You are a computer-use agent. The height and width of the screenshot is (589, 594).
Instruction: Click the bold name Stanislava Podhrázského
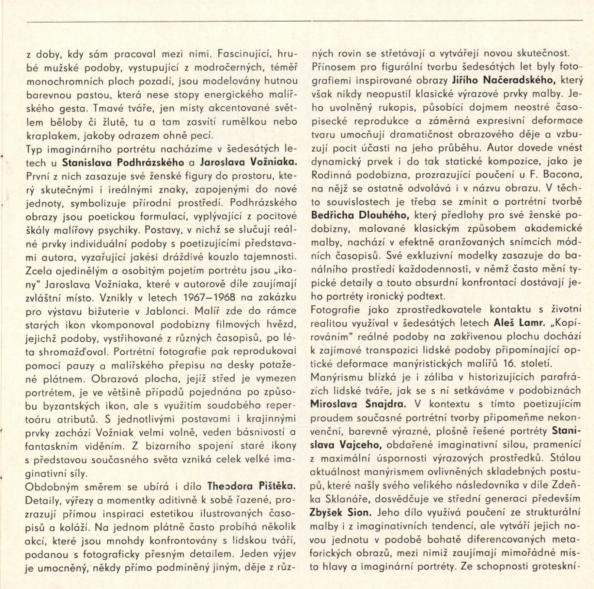tap(123, 162)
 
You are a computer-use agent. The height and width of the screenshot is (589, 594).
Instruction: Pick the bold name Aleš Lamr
tap(520, 323)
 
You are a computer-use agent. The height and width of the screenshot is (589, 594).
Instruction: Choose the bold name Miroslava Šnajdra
tap(358, 404)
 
